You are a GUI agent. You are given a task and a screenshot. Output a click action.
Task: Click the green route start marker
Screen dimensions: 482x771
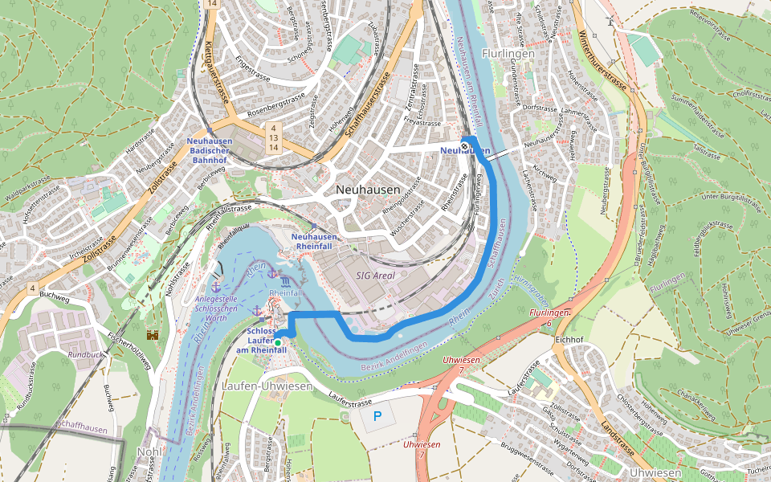278,343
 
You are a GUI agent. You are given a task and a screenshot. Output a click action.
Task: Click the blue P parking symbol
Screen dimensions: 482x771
377,417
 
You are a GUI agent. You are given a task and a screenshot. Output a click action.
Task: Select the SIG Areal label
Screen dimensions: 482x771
373,275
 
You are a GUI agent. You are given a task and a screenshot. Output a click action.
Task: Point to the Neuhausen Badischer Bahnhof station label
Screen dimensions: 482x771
210,150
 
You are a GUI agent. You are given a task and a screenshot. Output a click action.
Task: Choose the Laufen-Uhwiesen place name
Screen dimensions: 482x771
266,386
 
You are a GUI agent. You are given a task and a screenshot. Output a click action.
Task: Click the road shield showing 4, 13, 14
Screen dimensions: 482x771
274,138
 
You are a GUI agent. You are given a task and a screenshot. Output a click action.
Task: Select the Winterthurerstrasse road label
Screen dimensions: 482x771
602,60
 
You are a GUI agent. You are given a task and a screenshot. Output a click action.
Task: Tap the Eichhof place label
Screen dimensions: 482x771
569,339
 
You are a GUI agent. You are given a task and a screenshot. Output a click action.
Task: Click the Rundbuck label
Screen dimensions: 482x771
84,353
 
